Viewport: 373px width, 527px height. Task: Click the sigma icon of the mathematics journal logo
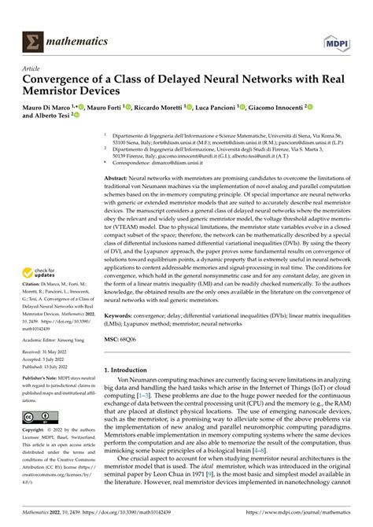pos(35,39)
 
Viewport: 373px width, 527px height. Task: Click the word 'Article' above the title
pos(32,69)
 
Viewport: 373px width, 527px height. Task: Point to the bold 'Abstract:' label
pos(120,179)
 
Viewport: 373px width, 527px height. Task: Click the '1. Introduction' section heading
pos(129,370)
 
